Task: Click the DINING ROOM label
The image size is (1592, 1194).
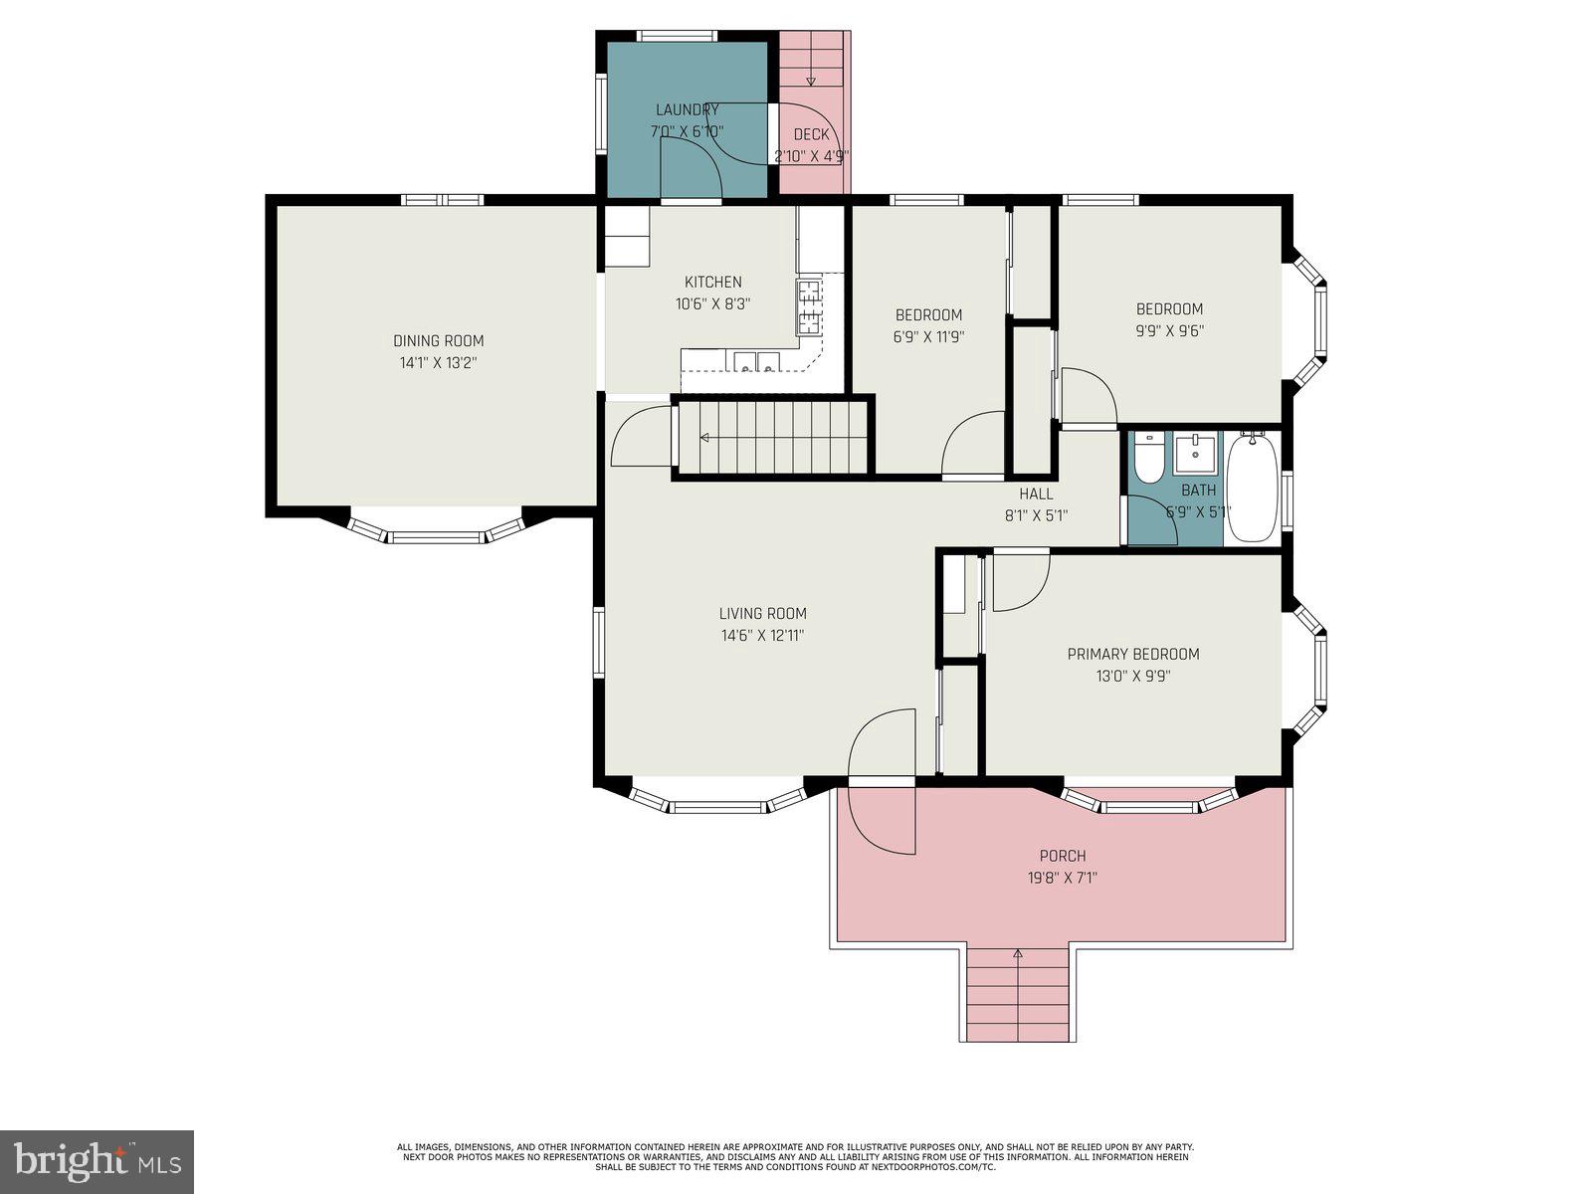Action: [438, 341]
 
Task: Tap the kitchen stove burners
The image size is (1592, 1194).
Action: [807, 307]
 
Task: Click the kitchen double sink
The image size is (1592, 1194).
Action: [756, 362]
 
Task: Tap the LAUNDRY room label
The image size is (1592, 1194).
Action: [687, 109]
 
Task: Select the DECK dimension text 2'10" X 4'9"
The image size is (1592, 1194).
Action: [811, 156]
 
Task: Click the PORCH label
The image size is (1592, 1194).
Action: [1062, 856]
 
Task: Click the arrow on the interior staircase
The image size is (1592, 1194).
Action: [704, 438]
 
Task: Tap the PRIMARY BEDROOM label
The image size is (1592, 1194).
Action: [1132, 654]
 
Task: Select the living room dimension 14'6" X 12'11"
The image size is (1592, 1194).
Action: [762, 636]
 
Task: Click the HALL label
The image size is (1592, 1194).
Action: [1035, 494]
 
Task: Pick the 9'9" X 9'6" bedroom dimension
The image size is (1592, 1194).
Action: [1169, 331]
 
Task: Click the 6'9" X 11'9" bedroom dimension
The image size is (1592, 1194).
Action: [927, 337]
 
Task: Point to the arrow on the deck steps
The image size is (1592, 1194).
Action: [811, 80]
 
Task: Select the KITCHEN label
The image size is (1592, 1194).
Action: [712, 282]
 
